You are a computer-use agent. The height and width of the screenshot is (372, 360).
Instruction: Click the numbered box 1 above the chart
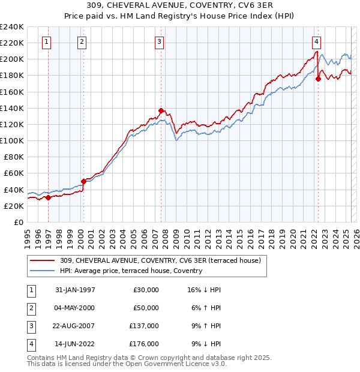pyautogui.click(x=47, y=42)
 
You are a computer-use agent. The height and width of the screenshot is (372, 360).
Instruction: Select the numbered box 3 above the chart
pyautogui.click(x=159, y=42)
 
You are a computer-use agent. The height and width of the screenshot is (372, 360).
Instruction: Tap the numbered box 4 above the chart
pyautogui.click(x=316, y=42)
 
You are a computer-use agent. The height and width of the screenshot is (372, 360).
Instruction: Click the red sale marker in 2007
pyautogui.click(x=161, y=110)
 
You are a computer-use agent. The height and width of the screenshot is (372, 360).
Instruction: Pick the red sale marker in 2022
pyautogui.click(x=318, y=79)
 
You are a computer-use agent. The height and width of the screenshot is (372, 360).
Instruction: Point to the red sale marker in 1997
pyautogui.click(x=48, y=197)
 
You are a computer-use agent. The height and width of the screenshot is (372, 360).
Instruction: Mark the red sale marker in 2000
pyautogui.click(x=83, y=181)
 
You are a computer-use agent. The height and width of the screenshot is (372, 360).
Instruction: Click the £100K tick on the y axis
pyautogui.click(x=12, y=140)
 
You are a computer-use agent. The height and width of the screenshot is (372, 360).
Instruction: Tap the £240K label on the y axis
pyautogui.click(x=12, y=26)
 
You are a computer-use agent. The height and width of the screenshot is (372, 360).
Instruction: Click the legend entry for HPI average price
pyautogui.click(x=131, y=271)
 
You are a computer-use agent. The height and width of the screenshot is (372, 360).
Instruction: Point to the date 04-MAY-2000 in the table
pyautogui.click(x=75, y=308)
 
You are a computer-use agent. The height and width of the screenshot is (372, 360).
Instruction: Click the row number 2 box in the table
pyautogui.click(x=30, y=308)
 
